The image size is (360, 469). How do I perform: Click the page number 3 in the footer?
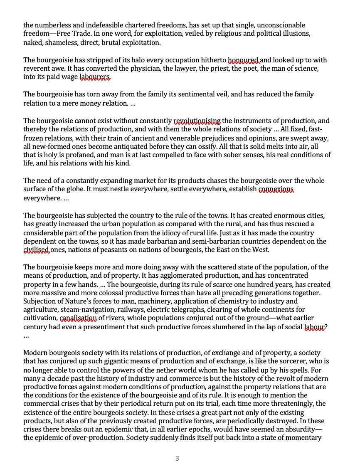click(177, 458)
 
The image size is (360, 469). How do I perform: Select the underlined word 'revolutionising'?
click(197, 121)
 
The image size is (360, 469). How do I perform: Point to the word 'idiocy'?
click(203, 233)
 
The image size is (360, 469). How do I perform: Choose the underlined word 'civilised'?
click(37, 250)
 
